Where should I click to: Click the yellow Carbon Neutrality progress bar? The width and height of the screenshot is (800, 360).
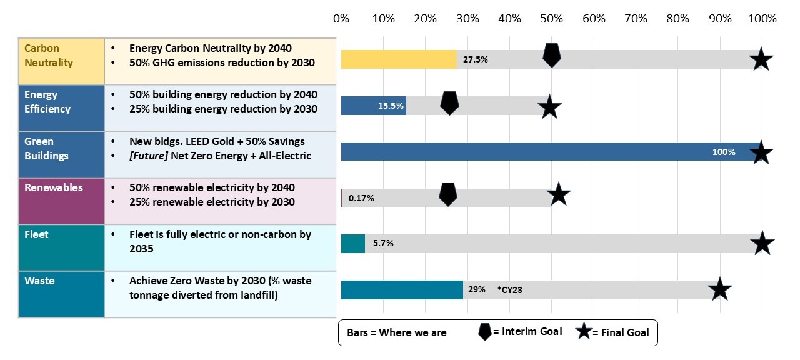399,59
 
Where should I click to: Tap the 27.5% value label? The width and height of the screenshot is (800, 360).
475,60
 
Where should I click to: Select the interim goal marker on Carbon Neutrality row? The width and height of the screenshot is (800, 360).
551,55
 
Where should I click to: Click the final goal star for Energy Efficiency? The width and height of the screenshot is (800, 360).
549,107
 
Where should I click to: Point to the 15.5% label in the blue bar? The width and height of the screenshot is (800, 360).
389,106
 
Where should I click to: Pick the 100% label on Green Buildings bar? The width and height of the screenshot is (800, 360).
724,152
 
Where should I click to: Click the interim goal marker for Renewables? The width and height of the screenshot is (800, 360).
447,194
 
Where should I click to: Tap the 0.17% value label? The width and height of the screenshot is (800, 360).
361,198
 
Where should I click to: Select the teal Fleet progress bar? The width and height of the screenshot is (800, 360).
352,244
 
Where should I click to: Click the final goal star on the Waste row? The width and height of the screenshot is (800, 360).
719,289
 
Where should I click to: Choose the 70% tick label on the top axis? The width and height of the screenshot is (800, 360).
636,19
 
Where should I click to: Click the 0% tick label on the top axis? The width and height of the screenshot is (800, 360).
341,19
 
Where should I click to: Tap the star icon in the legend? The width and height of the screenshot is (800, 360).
584,332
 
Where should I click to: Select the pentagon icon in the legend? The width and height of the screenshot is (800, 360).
484,332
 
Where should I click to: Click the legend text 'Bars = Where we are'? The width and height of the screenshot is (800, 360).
396,332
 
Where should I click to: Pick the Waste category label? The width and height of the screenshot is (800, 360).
39,281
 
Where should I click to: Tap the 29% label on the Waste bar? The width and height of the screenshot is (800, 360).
476,290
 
